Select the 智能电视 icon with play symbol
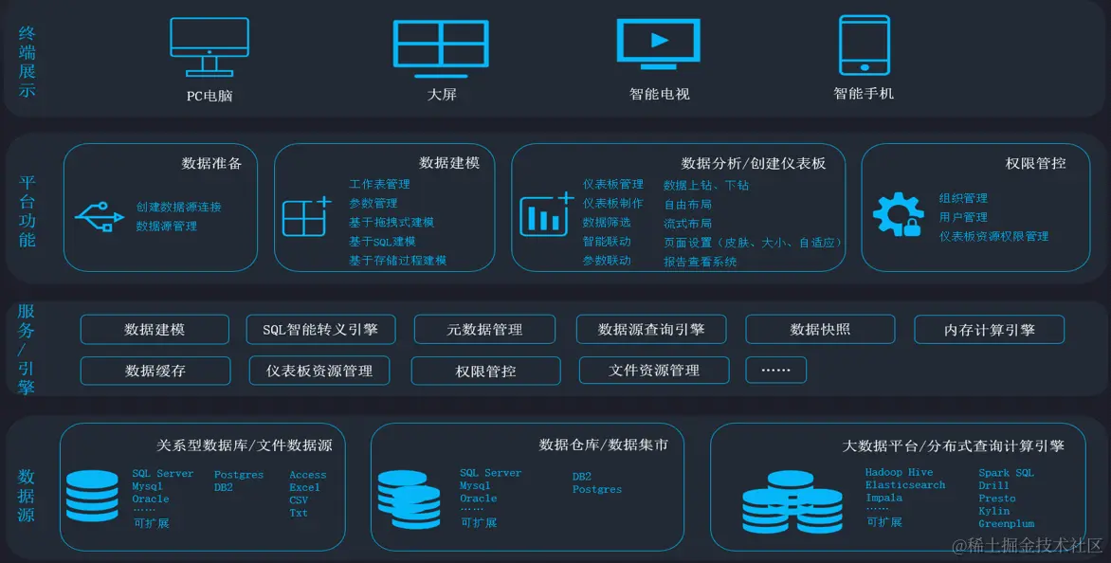click(659, 44)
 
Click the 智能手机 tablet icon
click(864, 45)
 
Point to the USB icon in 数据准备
click(100, 216)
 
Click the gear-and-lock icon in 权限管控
click(897, 214)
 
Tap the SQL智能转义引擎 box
click(325, 330)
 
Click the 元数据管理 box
click(484, 330)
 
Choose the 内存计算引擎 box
click(989, 330)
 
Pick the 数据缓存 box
click(155, 371)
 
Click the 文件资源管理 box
click(654, 370)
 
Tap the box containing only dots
click(775, 370)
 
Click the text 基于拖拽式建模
click(392, 222)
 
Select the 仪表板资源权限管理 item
click(993, 236)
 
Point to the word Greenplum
click(1006, 523)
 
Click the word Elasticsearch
click(904, 485)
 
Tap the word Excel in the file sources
click(304, 487)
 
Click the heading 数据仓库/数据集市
click(603, 445)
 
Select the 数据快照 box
click(820, 330)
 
